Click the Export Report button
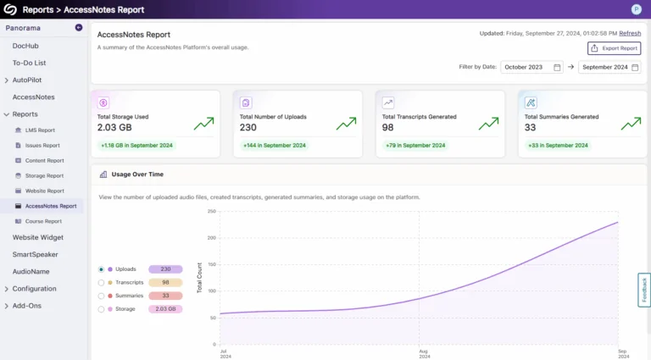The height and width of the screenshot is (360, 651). pyautogui.click(x=615, y=48)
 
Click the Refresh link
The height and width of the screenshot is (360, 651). pyautogui.click(x=629, y=33)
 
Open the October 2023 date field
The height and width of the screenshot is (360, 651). pyautogui.click(x=531, y=67)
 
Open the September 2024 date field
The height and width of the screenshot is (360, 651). pyautogui.click(x=609, y=67)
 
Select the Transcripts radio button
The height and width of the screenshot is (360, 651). pyautogui.click(x=102, y=283)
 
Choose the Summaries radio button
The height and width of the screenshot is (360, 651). pyautogui.click(x=102, y=296)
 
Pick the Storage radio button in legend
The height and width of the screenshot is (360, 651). pyautogui.click(x=102, y=309)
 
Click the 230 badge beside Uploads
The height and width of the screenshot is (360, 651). pyautogui.click(x=165, y=269)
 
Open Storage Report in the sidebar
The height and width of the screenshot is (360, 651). pyautogui.click(x=44, y=175)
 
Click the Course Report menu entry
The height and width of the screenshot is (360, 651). pyautogui.click(x=43, y=221)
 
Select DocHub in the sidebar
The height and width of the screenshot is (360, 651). pyautogui.click(x=25, y=46)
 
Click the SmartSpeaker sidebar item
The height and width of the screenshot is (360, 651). pyautogui.click(x=35, y=254)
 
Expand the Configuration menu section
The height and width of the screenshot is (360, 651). pyautogui.click(x=34, y=289)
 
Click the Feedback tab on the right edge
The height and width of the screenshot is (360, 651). pyautogui.click(x=643, y=291)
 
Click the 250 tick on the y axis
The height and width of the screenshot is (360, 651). pyautogui.click(x=210, y=212)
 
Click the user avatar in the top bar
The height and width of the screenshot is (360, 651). pyautogui.click(x=636, y=9)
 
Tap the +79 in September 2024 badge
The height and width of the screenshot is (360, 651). pyautogui.click(x=415, y=146)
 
